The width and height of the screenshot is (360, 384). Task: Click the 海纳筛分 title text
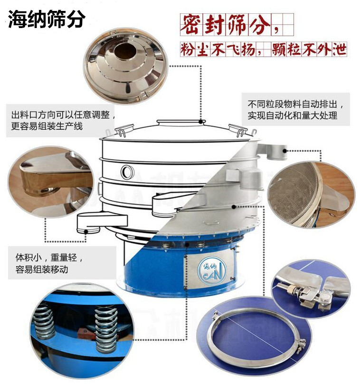47,19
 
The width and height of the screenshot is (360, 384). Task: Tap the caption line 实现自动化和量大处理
293,116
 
